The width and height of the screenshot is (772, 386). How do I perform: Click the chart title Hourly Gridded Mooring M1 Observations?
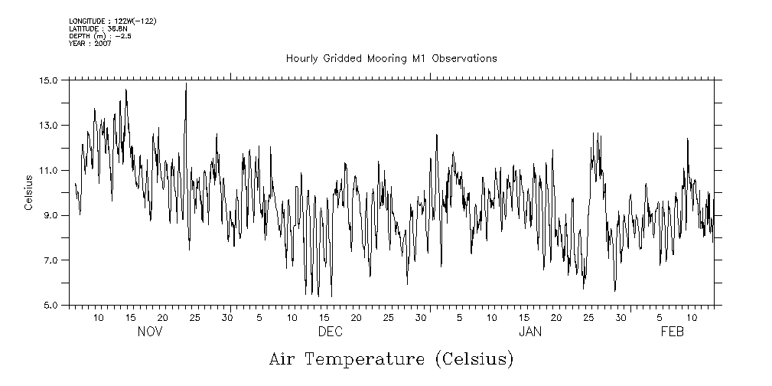pyautogui.click(x=391, y=58)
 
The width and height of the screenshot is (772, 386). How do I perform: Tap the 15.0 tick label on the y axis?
pyautogui.click(x=49, y=80)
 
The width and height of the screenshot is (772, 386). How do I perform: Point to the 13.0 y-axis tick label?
pyautogui.click(x=49, y=126)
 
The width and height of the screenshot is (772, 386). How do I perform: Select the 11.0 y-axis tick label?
pyautogui.click(x=49, y=171)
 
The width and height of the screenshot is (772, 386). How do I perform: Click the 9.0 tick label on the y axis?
pyautogui.click(x=51, y=216)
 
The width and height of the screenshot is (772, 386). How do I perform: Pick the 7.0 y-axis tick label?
pyautogui.click(x=51, y=261)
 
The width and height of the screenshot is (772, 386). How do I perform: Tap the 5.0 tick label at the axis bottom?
pyautogui.click(x=51, y=306)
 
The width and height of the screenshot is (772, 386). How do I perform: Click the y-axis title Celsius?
pyautogui.click(x=29, y=193)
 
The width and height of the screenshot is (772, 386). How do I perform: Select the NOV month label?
pyautogui.click(x=150, y=332)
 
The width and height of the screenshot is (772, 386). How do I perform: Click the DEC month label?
pyautogui.click(x=330, y=332)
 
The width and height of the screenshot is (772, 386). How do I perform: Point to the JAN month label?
pyautogui.click(x=530, y=332)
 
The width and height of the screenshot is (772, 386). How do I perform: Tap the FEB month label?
pyautogui.click(x=672, y=332)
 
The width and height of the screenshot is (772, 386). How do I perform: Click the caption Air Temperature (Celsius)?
pyautogui.click(x=391, y=358)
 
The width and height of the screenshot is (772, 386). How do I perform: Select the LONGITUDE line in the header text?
pyautogui.click(x=112, y=21)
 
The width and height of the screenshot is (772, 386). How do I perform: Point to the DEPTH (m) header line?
pyautogui.click(x=100, y=36)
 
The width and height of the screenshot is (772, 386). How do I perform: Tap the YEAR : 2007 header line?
pyautogui.click(x=90, y=44)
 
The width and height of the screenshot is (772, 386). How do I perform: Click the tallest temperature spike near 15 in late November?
pyautogui.click(x=186, y=84)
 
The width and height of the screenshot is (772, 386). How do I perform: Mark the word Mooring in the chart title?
pyautogui.click(x=394, y=58)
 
